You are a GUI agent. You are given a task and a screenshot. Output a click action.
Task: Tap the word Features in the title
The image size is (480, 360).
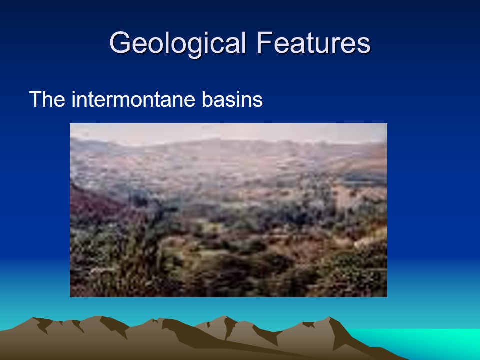[x=314, y=43]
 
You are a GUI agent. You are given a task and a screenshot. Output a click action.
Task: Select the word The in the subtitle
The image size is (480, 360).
[x=47, y=99]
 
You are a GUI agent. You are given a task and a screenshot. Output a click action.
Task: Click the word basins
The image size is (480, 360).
[x=232, y=99]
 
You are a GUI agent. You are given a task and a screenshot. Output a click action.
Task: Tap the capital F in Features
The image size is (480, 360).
[x=265, y=43]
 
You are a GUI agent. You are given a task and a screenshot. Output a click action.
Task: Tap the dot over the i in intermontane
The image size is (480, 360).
[x=74, y=92]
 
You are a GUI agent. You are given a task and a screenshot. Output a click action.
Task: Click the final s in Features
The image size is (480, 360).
[x=365, y=46]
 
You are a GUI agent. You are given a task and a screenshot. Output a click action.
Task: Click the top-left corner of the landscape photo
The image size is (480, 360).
[x=70, y=123]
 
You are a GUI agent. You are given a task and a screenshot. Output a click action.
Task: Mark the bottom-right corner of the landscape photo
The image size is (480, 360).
[x=387, y=297]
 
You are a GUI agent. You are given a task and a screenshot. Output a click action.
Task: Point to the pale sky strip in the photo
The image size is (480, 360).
[x=228, y=132]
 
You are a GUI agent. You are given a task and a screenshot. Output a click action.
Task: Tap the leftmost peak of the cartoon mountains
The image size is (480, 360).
[x=33, y=318]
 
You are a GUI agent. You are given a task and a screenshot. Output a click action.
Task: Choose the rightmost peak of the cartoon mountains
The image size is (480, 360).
[x=329, y=317]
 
